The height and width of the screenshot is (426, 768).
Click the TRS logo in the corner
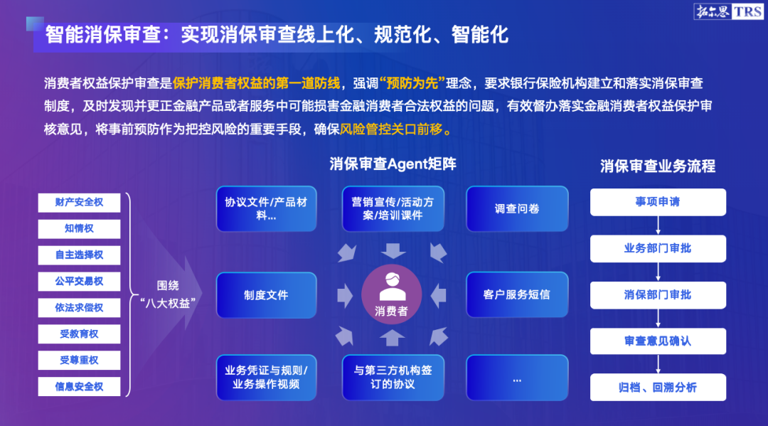click(x=728, y=11)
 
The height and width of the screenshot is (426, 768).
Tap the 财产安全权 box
click(x=80, y=203)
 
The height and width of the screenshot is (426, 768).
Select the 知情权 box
click(x=80, y=229)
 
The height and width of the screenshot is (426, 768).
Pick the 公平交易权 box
click(x=80, y=282)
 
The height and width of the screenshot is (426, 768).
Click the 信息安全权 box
click(x=80, y=387)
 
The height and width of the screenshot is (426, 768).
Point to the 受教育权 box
click(x=80, y=334)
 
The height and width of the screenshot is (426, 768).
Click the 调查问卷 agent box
click(x=517, y=208)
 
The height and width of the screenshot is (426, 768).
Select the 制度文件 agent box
click(x=267, y=295)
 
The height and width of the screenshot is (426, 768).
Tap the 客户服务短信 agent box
click(x=517, y=294)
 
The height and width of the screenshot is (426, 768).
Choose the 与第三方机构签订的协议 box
click(x=393, y=378)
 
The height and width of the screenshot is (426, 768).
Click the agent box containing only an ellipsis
click(x=517, y=378)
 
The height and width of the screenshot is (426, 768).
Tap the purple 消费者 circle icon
click(x=391, y=294)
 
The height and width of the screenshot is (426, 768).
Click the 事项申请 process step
click(x=658, y=202)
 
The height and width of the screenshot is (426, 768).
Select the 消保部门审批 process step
click(x=658, y=294)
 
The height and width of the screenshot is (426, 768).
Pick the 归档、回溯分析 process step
click(x=658, y=388)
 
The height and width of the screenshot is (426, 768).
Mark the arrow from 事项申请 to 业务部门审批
click(x=658, y=225)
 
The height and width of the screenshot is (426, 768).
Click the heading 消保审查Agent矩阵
click(x=393, y=164)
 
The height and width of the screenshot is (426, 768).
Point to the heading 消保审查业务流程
click(x=658, y=166)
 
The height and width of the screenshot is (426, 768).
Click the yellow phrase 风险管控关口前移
click(x=391, y=129)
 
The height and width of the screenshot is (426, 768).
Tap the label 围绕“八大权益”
click(x=168, y=294)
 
